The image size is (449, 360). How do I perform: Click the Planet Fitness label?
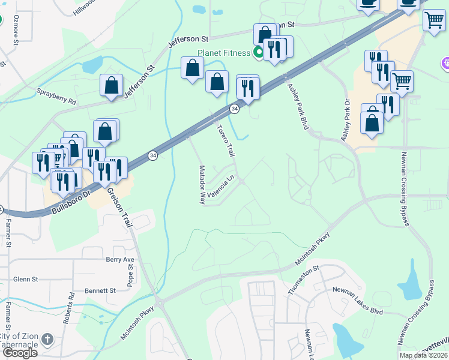click(x=225, y=53)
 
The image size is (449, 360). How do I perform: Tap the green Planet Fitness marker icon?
click(x=259, y=53)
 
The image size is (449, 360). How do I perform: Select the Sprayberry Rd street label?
click(x=57, y=97)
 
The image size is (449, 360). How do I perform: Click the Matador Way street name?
click(x=202, y=185)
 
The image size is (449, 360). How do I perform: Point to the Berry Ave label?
click(x=120, y=260)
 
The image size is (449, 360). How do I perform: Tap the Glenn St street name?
click(x=26, y=279)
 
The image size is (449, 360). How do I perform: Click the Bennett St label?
click(x=100, y=290)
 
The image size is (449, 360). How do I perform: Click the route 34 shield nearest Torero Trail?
click(x=235, y=109)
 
